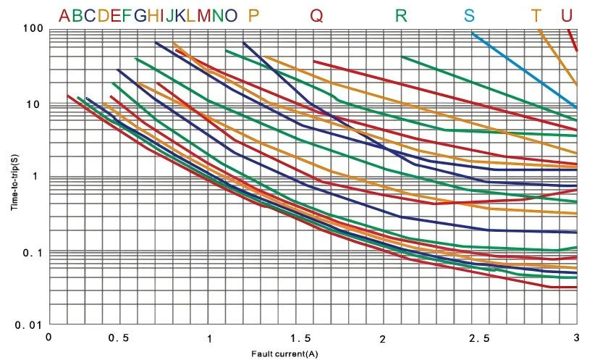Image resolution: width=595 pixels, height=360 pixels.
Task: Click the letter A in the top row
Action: click(x=65, y=15)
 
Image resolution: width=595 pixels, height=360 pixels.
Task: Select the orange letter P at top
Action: click(x=253, y=15)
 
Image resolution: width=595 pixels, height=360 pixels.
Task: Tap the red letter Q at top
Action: click(x=317, y=15)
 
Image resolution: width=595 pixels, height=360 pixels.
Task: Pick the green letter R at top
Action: click(x=402, y=15)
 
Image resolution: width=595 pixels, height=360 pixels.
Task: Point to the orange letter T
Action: click(x=536, y=15)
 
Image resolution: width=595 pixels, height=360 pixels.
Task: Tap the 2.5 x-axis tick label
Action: click(x=478, y=338)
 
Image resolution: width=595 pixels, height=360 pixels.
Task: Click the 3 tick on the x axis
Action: click(x=576, y=338)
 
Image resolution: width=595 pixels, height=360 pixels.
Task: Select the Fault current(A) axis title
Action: click(x=284, y=353)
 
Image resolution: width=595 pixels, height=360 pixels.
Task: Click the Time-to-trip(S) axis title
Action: click(x=14, y=177)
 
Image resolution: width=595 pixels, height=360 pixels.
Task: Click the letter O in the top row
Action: click(x=230, y=15)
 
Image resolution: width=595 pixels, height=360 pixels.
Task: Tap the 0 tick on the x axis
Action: click(x=48, y=337)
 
